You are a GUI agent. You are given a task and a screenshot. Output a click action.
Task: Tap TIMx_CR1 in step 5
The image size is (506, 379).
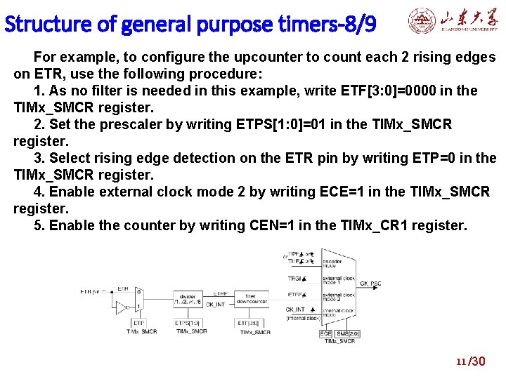click(x=377, y=225)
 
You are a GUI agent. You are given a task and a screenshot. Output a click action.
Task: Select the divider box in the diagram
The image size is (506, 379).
click(x=188, y=300)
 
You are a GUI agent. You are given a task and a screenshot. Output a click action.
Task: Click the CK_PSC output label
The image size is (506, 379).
click(x=370, y=284)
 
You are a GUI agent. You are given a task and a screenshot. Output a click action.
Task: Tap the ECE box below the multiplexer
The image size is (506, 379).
click(x=326, y=334)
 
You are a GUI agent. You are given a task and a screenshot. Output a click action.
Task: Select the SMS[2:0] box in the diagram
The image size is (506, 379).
click(x=347, y=334)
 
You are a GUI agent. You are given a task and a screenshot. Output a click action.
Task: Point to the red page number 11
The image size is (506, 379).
click(x=461, y=362)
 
